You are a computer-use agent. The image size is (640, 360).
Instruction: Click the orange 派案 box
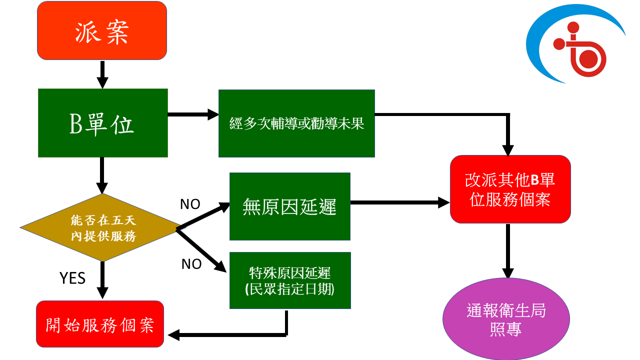[x=102, y=30]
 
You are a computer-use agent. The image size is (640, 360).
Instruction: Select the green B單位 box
[x=102, y=123]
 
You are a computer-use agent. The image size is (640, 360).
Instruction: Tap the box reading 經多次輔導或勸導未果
[x=296, y=123]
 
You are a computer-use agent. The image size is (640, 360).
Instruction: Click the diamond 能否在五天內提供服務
[x=102, y=227]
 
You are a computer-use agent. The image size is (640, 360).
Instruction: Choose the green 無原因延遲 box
[x=289, y=206]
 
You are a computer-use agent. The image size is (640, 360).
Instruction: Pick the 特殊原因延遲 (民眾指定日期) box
[x=290, y=280]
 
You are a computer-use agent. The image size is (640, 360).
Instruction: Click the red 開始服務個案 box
[x=100, y=324]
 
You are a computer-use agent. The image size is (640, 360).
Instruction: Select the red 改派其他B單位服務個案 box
[x=510, y=189]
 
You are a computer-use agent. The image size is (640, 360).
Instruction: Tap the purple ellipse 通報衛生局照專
[x=506, y=319]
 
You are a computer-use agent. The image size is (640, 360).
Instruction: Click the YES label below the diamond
[x=72, y=278]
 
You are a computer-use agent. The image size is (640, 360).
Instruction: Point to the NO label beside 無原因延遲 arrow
[x=190, y=204]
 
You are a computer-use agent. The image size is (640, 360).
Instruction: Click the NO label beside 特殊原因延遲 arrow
[x=191, y=264]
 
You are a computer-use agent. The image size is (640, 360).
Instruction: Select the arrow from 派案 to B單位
[x=102, y=74]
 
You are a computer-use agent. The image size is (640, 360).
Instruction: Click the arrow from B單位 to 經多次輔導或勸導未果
[x=193, y=115]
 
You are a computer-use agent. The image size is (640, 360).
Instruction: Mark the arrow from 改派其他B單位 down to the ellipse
[x=507, y=250]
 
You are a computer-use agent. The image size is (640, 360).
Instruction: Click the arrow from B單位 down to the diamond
[x=102, y=175]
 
